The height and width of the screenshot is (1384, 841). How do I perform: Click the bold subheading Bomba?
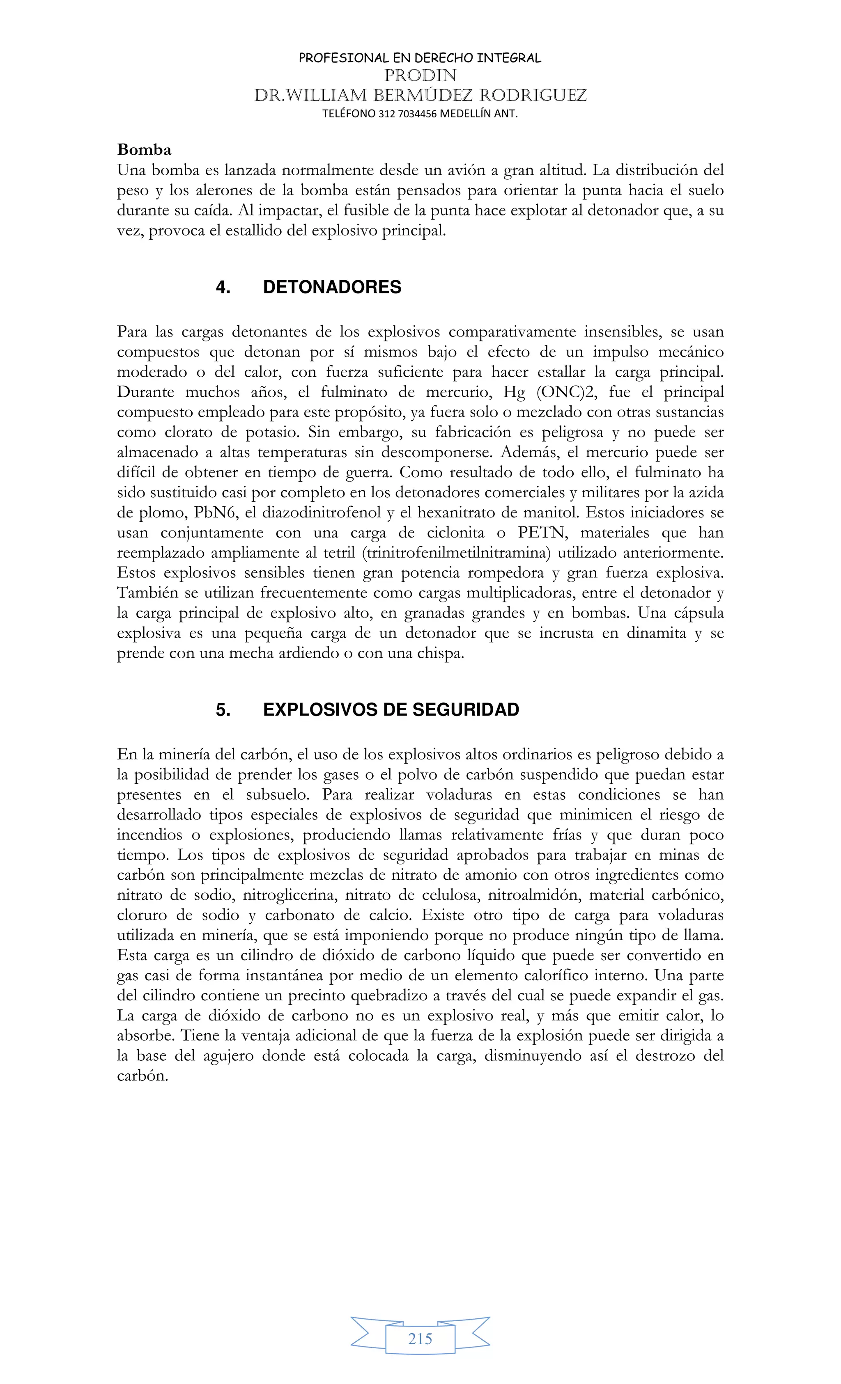(144, 150)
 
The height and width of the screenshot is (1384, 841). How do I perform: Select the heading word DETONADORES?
(332, 288)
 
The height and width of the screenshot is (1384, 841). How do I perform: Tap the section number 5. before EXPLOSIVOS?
(223, 710)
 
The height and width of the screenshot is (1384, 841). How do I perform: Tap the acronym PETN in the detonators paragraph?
(541, 533)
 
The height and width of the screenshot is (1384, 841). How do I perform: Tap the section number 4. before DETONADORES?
(223, 288)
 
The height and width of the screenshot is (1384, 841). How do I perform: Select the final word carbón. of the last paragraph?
(143, 1076)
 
